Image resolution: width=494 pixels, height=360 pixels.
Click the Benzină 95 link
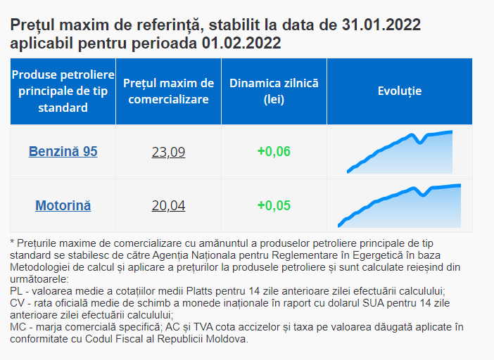click(x=63, y=151)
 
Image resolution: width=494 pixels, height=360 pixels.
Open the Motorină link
click(x=63, y=206)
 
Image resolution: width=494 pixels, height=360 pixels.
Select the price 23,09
click(x=168, y=151)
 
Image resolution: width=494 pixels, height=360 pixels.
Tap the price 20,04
click(x=168, y=206)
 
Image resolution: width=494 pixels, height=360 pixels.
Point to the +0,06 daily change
click(x=274, y=151)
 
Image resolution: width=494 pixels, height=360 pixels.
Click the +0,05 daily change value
click(x=274, y=206)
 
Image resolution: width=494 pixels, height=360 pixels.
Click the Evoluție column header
click(x=399, y=91)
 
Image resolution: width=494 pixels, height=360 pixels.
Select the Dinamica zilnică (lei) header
click(x=274, y=91)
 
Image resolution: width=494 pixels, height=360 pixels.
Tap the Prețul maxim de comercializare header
click(x=168, y=91)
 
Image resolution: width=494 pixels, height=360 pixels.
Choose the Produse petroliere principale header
click(x=63, y=91)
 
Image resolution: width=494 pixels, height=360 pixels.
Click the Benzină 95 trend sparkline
click(x=400, y=152)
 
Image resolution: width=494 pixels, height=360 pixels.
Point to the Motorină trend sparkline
click(x=400, y=206)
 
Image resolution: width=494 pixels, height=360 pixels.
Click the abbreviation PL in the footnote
click(x=17, y=290)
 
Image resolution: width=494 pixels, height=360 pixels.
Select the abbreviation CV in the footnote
click(x=18, y=303)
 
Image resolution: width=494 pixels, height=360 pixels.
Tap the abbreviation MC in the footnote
click(x=18, y=327)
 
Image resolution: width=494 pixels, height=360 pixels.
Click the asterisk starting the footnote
click(x=13, y=242)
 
